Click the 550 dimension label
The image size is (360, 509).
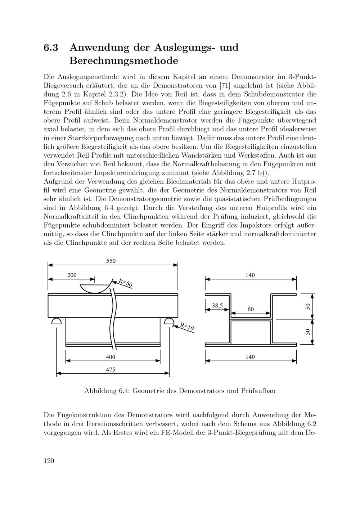(x=111, y=261)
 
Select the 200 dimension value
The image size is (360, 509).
(x=72, y=275)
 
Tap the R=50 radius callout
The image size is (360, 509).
(x=126, y=283)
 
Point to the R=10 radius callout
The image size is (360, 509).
(x=187, y=326)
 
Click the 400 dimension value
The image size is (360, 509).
(x=111, y=357)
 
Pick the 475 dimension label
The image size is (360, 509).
(x=111, y=370)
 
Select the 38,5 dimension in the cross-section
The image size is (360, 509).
(x=217, y=306)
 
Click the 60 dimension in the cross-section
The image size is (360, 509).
(x=251, y=309)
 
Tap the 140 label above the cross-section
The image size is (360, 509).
(x=250, y=275)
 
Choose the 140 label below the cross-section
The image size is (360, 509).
(x=250, y=357)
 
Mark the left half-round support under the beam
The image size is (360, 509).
(x=57, y=321)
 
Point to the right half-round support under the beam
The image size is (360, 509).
(x=169, y=321)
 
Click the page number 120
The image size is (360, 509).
(x=49, y=461)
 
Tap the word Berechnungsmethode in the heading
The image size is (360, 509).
(x=123, y=60)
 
